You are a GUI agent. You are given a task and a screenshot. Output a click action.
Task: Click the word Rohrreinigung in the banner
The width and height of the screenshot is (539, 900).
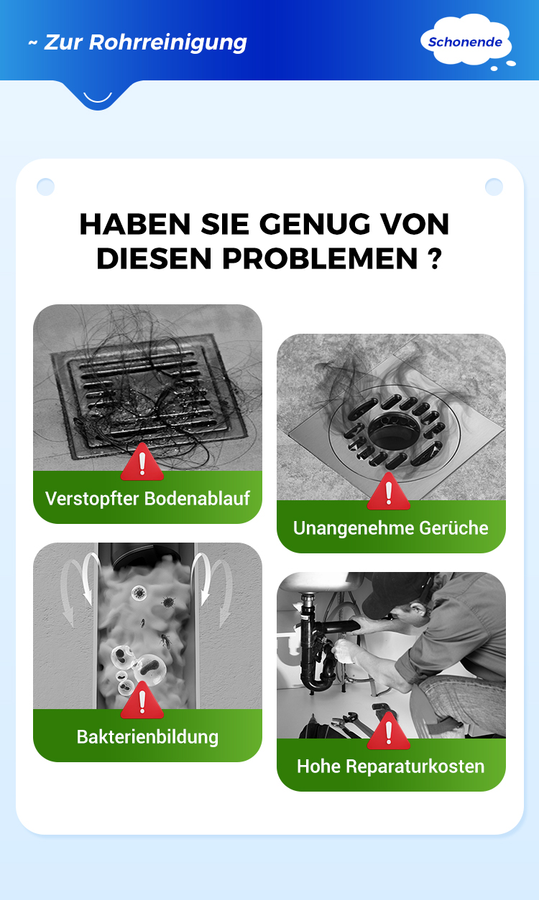[x=167, y=43]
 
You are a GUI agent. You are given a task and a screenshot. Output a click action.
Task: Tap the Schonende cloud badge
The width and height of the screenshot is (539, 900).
[x=466, y=41]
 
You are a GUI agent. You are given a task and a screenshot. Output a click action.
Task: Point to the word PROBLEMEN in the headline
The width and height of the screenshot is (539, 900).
[x=320, y=258]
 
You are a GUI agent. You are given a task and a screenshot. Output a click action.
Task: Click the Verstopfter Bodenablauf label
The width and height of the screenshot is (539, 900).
[x=147, y=498]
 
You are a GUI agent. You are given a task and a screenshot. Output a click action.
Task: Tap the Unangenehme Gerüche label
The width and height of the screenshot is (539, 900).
[x=390, y=528]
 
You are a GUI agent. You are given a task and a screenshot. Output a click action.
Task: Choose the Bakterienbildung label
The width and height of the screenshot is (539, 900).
[x=147, y=737]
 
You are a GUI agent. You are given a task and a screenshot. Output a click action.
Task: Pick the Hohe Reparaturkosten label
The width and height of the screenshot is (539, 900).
[x=390, y=767]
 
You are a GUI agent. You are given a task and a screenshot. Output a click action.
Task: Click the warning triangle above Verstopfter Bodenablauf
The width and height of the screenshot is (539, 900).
[x=142, y=463]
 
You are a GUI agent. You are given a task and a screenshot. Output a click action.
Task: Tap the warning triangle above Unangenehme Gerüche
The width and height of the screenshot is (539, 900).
[x=389, y=492]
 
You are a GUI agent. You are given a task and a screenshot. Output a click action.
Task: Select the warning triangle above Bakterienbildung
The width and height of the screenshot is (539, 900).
[x=142, y=701]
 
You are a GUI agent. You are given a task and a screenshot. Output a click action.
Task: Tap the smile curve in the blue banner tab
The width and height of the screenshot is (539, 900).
[x=98, y=99]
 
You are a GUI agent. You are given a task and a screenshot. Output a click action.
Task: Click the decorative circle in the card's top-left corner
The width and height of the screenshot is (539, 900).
[x=45, y=187]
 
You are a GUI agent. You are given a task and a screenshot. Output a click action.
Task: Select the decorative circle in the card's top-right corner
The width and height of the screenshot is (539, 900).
[x=494, y=187]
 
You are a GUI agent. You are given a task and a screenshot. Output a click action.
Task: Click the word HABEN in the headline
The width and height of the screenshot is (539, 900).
[x=135, y=224]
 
